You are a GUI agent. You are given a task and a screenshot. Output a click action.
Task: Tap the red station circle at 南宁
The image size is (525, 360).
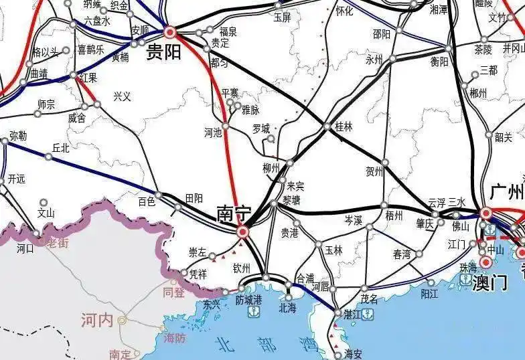pos(243,232)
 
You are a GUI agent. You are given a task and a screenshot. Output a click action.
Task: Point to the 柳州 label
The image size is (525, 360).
pos(271,168)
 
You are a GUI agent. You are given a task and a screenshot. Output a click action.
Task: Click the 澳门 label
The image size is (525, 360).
pos(489,282)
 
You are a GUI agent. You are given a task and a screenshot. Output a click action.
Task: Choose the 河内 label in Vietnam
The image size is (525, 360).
pos(97,319)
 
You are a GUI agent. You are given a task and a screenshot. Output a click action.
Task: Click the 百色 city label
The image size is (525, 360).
pos(146,200)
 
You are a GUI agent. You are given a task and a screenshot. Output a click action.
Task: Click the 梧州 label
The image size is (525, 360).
pos(394,215)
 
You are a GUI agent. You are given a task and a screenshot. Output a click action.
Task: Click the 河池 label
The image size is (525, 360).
pos(213,132)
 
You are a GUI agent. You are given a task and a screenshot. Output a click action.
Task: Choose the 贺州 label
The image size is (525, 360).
pos(374,171)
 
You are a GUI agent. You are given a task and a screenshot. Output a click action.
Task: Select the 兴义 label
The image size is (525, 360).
pos(123,96)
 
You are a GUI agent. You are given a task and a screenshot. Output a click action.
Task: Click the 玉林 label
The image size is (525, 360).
pos(333,250)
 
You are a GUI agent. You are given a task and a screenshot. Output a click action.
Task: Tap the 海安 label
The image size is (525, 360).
pos(353,353)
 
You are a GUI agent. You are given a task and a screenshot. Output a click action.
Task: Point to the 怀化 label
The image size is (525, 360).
pos(344,11)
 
